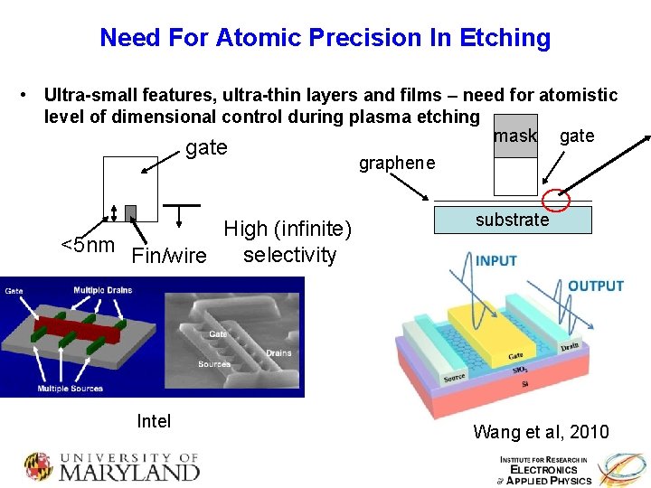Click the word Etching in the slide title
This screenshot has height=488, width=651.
pyautogui.click(x=502, y=38)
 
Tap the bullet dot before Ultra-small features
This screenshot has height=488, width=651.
pyautogui.click(x=32, y=95)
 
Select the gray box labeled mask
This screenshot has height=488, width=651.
pyautogui.click(x=515, y=136)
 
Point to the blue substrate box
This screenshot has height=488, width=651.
pyautogui.click(x=513, y=220)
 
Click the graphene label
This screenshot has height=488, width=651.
pyautogui.click(x=396, y=164)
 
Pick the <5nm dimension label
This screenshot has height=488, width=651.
pyautogui.click(x=87, y=245)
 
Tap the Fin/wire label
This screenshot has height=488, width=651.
pyautogui.click(x=168, y=256)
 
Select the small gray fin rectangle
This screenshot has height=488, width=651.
pyautogui.click(x=130, y=212)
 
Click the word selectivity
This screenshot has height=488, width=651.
pyautogui.click(x=289, y=255)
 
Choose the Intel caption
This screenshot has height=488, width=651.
pyautogui.click(x=153, y=421)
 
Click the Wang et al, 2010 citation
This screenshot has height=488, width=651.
pyautogui.click(x=541, y=432)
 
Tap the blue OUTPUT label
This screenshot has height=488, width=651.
pyautogui.click(x=595, y=286)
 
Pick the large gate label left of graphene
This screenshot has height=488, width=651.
pyautogui.click(x=205, y=148)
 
